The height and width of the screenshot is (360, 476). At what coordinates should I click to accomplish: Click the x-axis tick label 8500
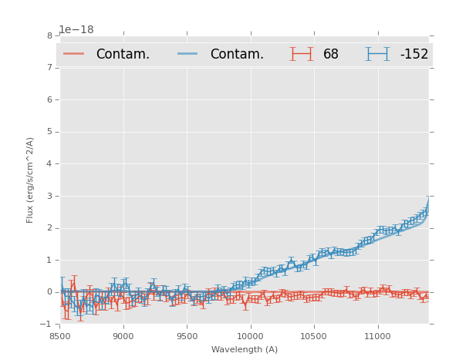click(x=60, y=336)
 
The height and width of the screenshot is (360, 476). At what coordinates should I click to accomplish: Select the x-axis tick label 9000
click(x=123, y=336)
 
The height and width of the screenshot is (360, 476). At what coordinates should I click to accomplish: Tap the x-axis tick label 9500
click(x=187, y=336)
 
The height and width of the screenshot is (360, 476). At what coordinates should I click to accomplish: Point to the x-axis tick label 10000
click(x=250, y=336)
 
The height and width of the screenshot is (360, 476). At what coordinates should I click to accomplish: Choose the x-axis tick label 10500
click(x=314, y=336)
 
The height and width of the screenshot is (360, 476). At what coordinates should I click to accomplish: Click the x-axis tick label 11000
click(x=377, y=336)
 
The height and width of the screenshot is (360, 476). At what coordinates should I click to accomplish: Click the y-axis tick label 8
click(x=49, y=35)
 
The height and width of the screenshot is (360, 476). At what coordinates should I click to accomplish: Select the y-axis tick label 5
click(x=49, y=132)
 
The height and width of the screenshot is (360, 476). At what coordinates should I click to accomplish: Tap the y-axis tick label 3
click(x=49, y=196)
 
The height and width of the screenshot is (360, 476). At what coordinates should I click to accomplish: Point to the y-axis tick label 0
click(x=49, y=292)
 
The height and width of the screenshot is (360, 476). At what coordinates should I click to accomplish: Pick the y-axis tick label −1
click(x=47, y=325)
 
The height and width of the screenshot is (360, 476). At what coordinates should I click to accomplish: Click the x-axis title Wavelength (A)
click(x=245, y=349)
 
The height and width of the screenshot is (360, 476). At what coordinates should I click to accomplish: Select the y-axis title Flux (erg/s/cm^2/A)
click(x=30, y=180)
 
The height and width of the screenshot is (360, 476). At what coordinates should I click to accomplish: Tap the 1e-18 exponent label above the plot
click(x=76, y=29)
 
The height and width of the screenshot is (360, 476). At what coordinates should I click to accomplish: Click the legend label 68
click(x=331, y=54)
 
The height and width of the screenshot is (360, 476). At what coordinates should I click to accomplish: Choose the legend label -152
click(x=414, y=54)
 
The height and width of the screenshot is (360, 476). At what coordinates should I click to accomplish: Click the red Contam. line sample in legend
click(x=74, y=54)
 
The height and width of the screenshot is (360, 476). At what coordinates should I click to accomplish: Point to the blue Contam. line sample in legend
click(x=188, y=54)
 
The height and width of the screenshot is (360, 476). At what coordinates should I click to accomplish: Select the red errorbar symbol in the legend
click(x=302, y=54)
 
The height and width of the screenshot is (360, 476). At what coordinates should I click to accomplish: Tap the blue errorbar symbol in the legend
click(x=378, y=54)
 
